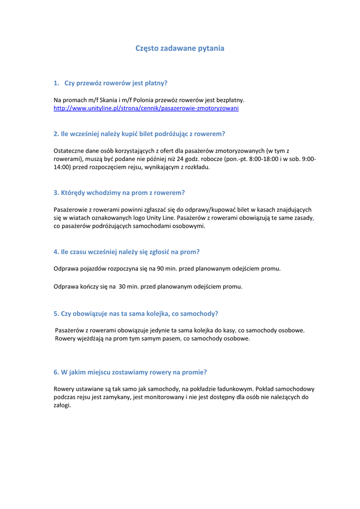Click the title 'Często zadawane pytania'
pyautogui.click(x=180, y=48)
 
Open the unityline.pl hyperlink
pyautogui.click(x=146, y=108)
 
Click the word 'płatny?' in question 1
pyautogui.click(x=156, y=83)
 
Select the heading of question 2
pyautogui.click(x=139, y=134)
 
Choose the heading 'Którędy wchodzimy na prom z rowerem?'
pyautogui.click(x=119, y=192)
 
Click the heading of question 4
pyautogui.click(x=126, y=252)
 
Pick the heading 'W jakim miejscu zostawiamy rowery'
pyautogui.click(x=130, y=372)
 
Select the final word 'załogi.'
pyautogui.click(x=62, y=405)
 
